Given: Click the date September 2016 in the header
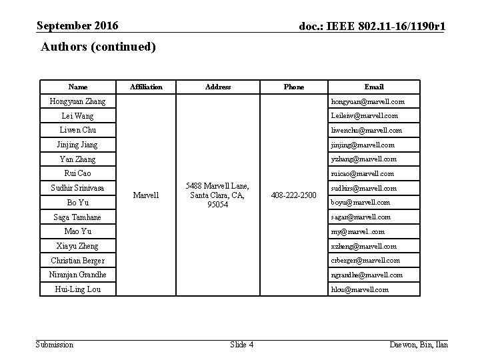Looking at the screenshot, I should pos(78,26).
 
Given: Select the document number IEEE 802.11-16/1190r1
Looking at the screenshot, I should pos(373,27).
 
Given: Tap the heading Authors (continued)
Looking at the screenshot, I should pos(98,47).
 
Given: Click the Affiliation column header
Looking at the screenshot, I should pos(146,87).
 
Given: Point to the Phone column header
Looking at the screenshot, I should pos(293,87).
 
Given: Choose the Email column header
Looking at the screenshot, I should pos(374,87).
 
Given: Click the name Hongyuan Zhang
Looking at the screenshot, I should pos(78,101).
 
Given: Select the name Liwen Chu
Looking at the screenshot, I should pos(78,130).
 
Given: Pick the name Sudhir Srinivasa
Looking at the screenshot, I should pos(78,188).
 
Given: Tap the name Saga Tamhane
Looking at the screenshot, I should pos(78,217).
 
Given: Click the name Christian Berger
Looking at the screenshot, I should pos(78,261).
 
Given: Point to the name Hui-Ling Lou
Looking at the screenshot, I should pos(78,289).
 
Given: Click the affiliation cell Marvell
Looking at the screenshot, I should pos(146,195).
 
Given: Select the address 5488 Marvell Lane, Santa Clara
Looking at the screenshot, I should pos(219,195).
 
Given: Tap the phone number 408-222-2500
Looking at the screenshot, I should pos(293,195).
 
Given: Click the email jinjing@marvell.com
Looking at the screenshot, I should pos(363,145).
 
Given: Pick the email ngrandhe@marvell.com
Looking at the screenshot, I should pos(367,275).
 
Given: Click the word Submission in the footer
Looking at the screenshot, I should pos(55,344).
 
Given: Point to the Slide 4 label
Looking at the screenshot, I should pos(241,344).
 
